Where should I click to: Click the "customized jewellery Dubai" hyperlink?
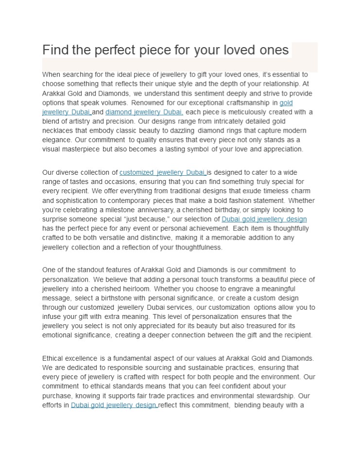pos(162,172)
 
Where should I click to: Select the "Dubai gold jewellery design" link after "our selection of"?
pos(264,219)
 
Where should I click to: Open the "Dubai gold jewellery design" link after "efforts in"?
pos(114,405)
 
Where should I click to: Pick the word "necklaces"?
pos(57,131)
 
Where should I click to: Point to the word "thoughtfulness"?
pos(198,248)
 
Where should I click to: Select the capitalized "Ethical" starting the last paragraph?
pos(53,358)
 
